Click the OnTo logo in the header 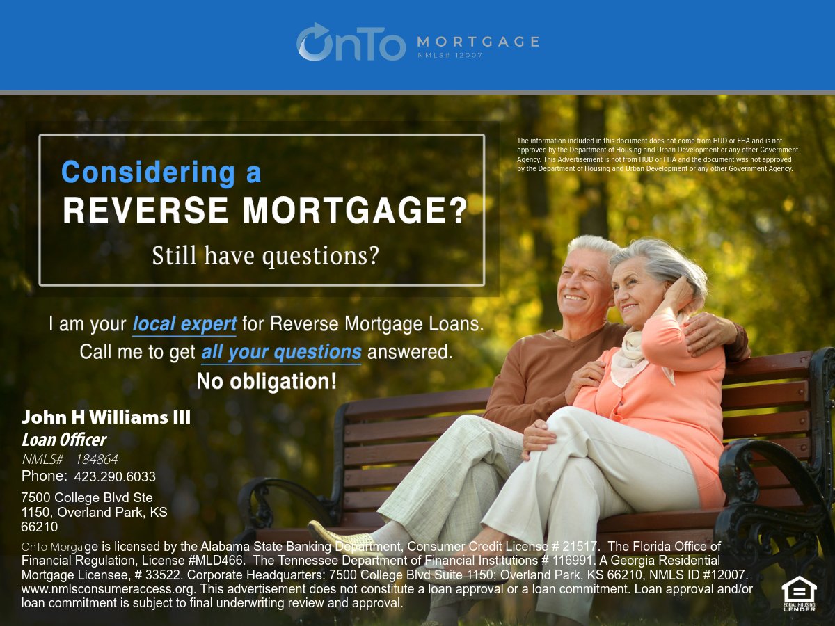351,42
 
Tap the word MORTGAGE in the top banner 477,41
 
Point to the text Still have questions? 266,256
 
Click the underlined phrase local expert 184,324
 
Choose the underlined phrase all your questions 281,352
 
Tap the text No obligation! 267,381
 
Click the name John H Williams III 106,417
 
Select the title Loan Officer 64,440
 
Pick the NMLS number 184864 97,459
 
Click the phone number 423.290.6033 115,477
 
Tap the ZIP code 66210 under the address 40,527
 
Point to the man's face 583,284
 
